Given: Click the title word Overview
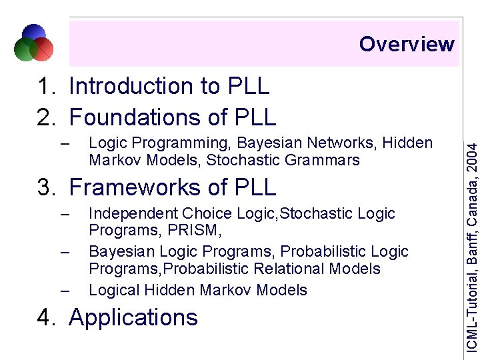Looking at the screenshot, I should (407, 44).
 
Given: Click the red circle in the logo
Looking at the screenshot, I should (43, 48).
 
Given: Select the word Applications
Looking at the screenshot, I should (133, 317).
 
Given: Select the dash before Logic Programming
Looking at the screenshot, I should (64, 143).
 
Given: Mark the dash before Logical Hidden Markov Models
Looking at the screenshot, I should (64, 291).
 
